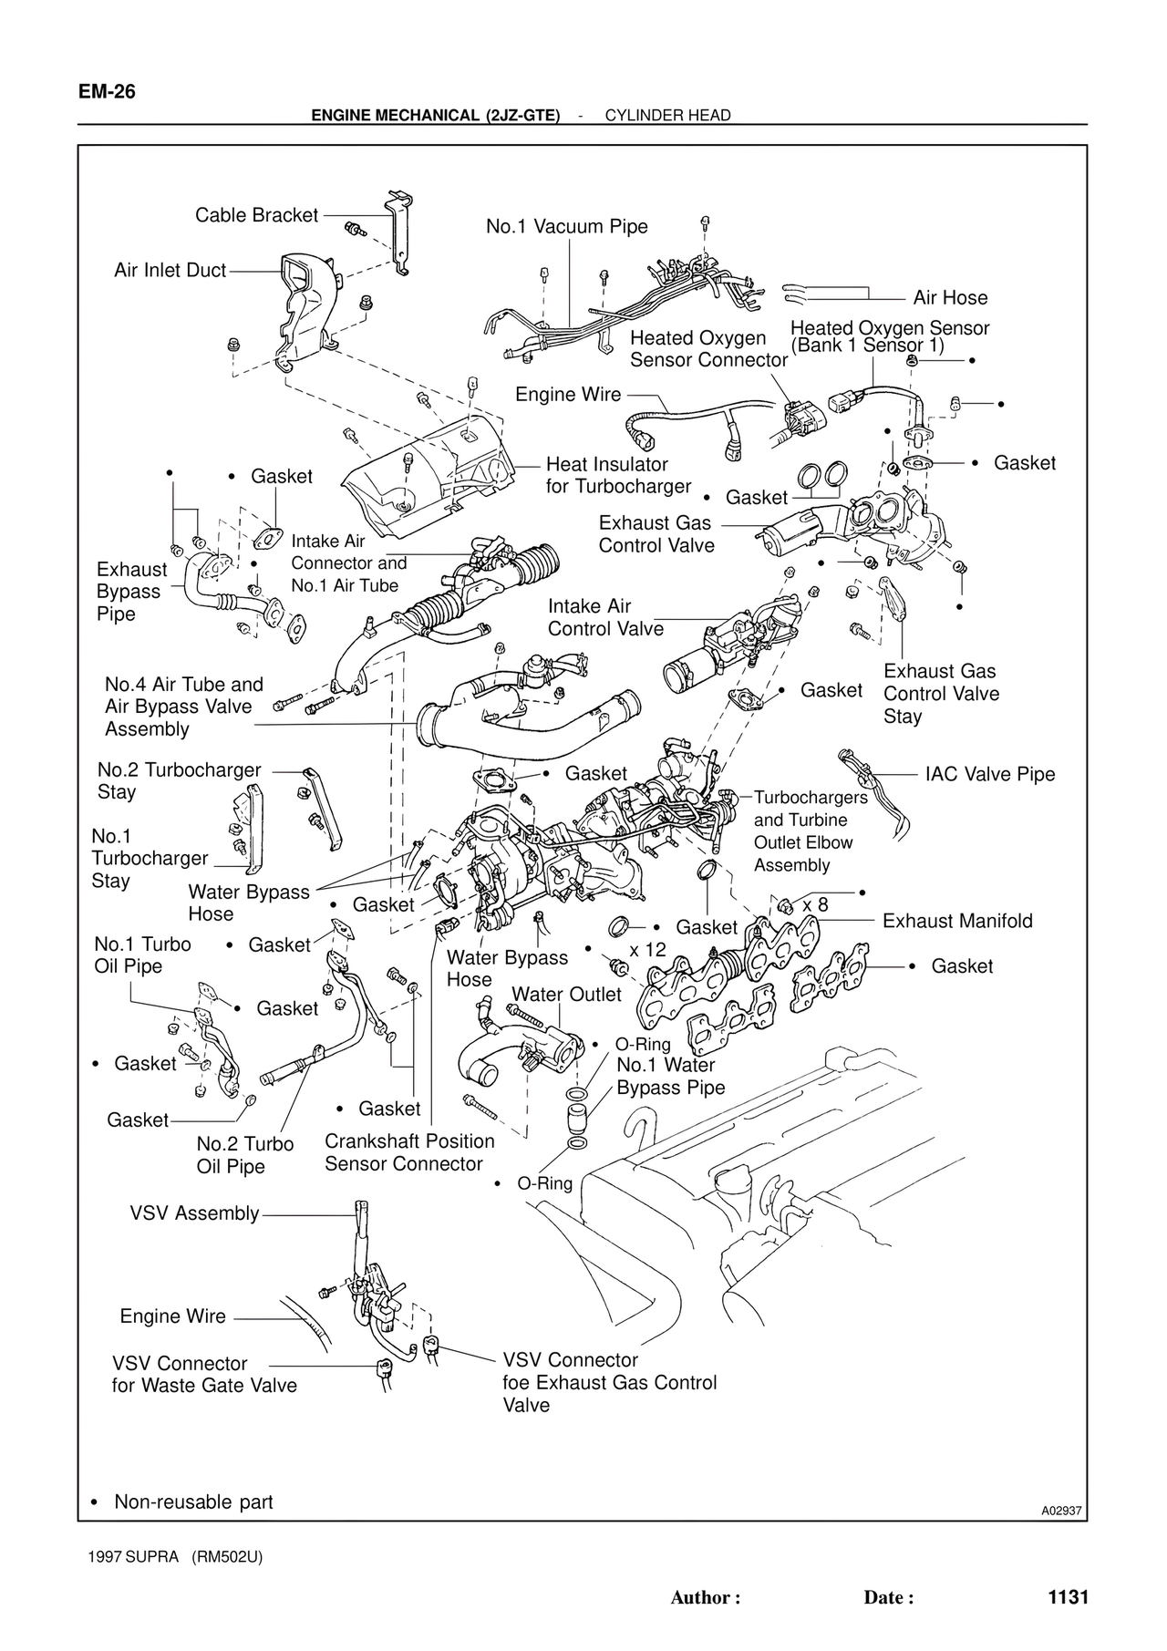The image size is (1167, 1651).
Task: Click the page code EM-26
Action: point(107,92)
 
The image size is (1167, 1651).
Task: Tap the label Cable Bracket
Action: point(256,215)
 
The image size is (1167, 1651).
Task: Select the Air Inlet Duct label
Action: point(170,271)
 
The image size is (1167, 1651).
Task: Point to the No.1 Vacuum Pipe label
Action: point(566,226)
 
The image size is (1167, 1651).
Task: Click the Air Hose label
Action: point(950,297)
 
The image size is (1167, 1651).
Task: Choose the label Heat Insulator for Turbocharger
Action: point(618,475)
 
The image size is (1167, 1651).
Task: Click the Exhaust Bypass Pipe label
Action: point(131,591)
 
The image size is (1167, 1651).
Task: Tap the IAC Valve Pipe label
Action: point(989,774)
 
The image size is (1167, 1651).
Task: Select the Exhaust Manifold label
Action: point(957,921)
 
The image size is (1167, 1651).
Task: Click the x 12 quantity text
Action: point(647,949)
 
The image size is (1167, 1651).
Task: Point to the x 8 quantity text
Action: point(815,904)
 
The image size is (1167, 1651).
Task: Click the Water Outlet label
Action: point(566,994)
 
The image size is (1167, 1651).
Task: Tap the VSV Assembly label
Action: point(194,1213)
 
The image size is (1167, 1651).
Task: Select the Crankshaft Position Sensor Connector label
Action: point(409,1152)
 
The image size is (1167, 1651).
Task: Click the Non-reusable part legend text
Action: point(192,1501)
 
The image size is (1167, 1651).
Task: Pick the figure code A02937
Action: point(1061,1512)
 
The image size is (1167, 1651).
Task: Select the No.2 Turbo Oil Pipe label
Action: point(244,1155)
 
